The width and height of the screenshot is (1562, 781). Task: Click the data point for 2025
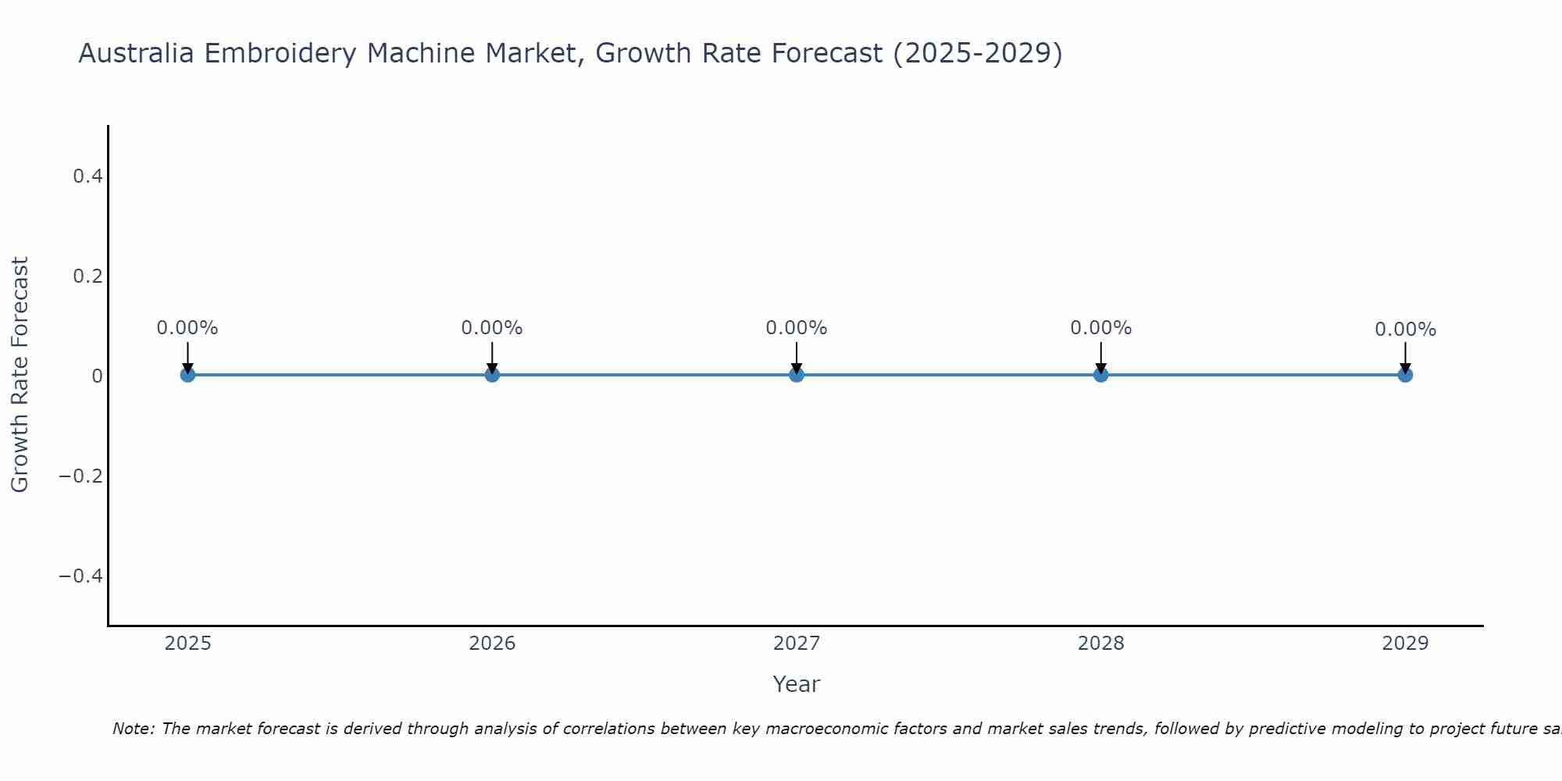pyautogui.click(x=187, y=375)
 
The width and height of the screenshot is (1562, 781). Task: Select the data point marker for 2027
pyautogui.click(x=797, y=375)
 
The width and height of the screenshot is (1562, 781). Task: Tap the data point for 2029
pyautogui.click(x=1405, y=375)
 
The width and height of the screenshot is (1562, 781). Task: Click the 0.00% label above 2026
pyautogui.click(x=492, y=328)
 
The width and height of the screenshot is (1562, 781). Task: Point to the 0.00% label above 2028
pyautogui.click(x=1100, y=328)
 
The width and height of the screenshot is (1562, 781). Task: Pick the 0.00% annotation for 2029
pyautogui.click(x=1405, y=330)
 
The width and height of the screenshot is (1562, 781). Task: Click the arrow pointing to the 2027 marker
pyautogui.click(x=797, y=358)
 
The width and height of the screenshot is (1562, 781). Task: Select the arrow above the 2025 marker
pyautogui.click(x=187, y=358)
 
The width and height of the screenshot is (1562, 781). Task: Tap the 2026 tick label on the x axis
pyautogui.click(x=492, y=644)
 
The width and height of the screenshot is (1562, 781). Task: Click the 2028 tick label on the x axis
pyautogui.click(x=1100, y=644)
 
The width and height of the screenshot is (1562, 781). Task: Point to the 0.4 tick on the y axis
pyautogui.click(x=87, y=177)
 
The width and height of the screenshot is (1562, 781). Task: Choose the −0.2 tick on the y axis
pyautogui.click(x=81, y=476)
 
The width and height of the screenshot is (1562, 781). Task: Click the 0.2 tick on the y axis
pyautogui.click(x=87, y=276)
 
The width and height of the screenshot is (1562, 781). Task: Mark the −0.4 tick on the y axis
pyautogui.click(x=81, y=576)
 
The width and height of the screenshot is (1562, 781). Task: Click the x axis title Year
pyautogui.click(x=796, y=684)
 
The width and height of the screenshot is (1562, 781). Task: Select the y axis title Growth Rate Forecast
pyautogui.click(x=20, y=375)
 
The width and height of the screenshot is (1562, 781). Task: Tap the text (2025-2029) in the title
pyautogui.click(x=977, y=54)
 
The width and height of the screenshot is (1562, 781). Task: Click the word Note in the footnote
pyautogui.click(x=134, y=729)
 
